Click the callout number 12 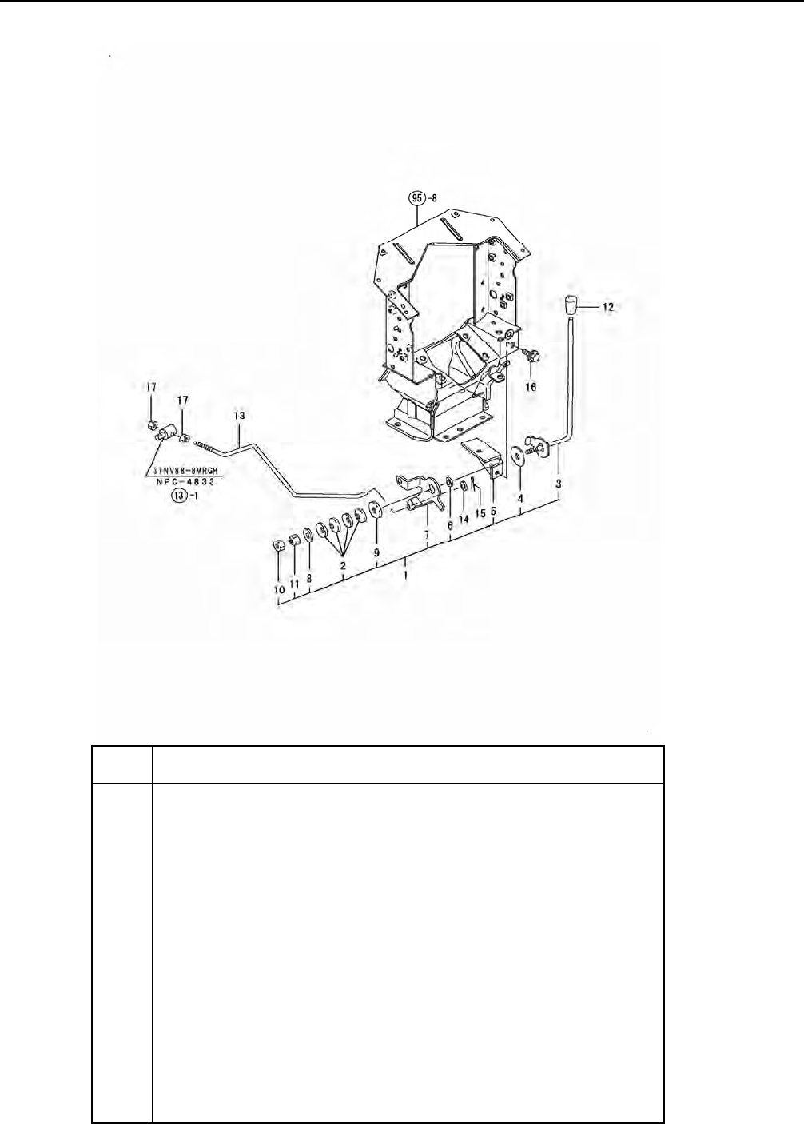(x=609, y=306)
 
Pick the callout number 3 (x=559, y=484)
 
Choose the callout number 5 (x=493, y=511)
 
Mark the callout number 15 (x=479, y=512)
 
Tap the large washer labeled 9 (x=375, y=511)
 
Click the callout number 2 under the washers (x=343, y=565)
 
